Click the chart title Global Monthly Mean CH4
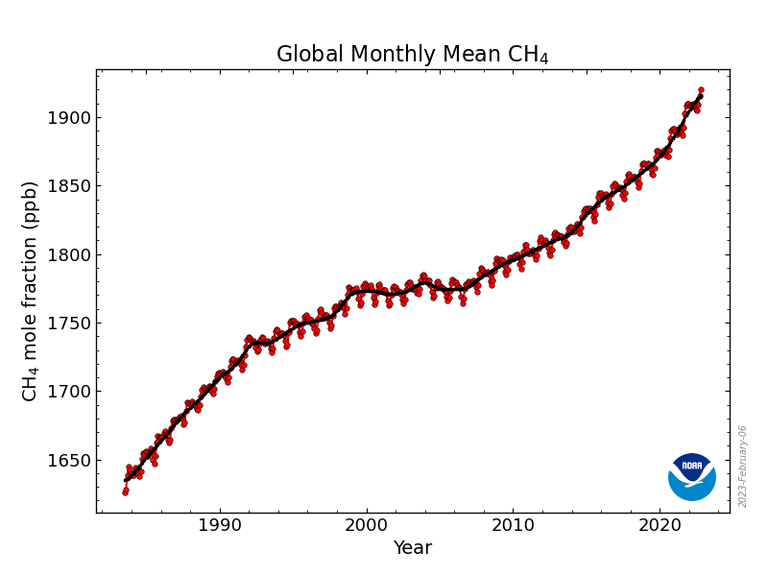tap(413, 55)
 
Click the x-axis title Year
tap(413, 548)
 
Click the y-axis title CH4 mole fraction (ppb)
tap(30, 291)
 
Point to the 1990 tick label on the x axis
tap(220, 526)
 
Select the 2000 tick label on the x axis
tap(366, 526)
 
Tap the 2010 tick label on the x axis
tap(513, 526)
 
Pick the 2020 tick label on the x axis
tap(660, 526)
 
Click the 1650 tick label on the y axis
tap(68, 461)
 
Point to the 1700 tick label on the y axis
tap(68, 392)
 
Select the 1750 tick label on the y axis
tap(68, 324)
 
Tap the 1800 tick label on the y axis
tap(68, 255)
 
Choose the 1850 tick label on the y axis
tap(68, 186)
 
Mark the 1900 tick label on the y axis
tap(68, 118)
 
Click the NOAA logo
tap(692, 476)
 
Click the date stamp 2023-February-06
tap(743, 467)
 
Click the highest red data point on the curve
tap(701, 90)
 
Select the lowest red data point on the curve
tap(125, 492)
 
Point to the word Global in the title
tap(306, 55)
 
